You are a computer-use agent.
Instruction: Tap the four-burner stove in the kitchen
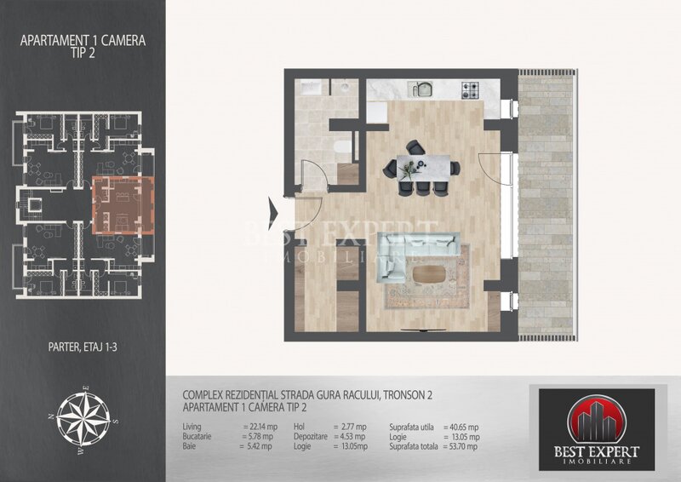click(x=470, y=89)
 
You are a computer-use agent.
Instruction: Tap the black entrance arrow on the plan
click(x=275, y=207)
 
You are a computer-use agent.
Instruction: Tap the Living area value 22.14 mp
click(x=259, y=427)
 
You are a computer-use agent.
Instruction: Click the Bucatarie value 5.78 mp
click(x=259, y=436)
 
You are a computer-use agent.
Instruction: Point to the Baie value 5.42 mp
click(x=259, y=445)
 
